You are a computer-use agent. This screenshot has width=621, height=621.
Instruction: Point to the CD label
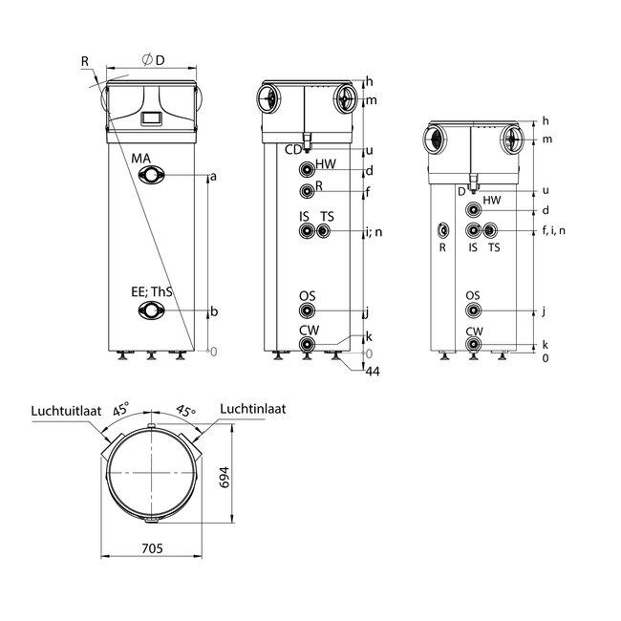pos(293,149)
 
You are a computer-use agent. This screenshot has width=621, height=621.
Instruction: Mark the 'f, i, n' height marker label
pos(554,230)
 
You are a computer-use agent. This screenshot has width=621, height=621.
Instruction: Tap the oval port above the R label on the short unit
pos(442,230)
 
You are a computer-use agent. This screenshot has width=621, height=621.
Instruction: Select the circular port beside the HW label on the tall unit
pos(306,170)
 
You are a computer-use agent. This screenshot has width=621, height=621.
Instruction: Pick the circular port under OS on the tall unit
pos(307,311)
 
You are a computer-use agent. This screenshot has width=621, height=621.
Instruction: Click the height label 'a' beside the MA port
pos(213,176)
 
